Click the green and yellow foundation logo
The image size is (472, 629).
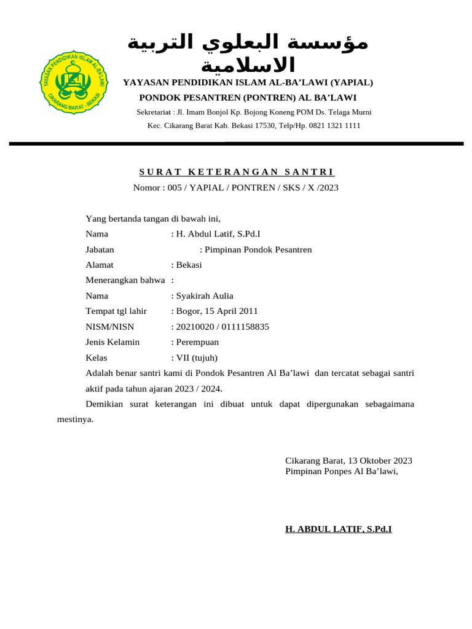74,83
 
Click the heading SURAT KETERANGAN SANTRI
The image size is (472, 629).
237,172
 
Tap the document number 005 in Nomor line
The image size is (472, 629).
175,187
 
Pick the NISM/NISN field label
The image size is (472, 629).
110,326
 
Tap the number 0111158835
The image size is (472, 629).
244,326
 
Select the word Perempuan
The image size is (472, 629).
197,342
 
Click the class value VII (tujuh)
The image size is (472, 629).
197,357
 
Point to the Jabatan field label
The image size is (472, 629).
100,249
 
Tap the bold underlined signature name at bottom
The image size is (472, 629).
339,528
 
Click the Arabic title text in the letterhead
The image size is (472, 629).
248,53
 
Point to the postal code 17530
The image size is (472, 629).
270,125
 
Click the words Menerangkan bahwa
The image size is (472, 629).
125,280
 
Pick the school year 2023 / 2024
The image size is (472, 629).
199,389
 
